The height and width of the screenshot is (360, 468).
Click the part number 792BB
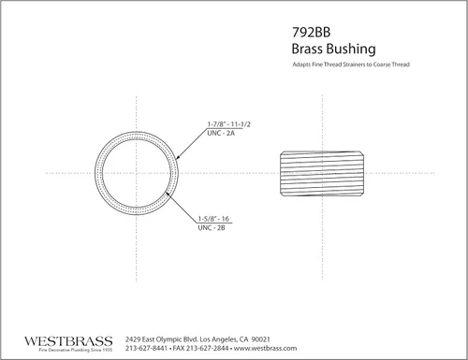[x=311, y=32]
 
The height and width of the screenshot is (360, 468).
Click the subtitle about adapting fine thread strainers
[x=351, y=65]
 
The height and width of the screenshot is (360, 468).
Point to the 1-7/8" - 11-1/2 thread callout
[x=229, y=124]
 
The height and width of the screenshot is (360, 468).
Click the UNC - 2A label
[x=221, y=133]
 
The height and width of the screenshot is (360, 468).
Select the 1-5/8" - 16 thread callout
[x=213, y=219]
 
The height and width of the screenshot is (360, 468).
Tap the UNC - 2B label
[x=212, y=227]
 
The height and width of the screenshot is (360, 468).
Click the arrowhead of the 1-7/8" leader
[x=178, y=158]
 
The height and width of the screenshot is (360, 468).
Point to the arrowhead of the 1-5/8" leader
[x=168, y=194]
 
